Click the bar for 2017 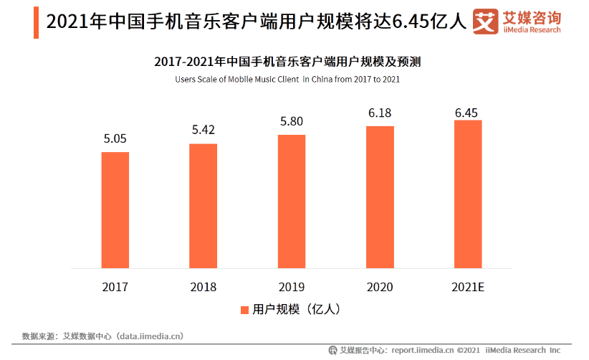[x=115, y=209]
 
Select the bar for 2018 [x=203, y=206]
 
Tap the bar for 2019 [x=292, y=202]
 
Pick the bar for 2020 [x=380, y=197]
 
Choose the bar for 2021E [x=468, y=194]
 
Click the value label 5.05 [x=115, y=138]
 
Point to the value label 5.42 [x=203, y=131]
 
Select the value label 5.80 [x=292, y=122]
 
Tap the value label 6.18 [x=380, y=113]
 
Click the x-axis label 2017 [x=115, y=287]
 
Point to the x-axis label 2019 [x=292, y=287]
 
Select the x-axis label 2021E [x=468, y=287]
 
